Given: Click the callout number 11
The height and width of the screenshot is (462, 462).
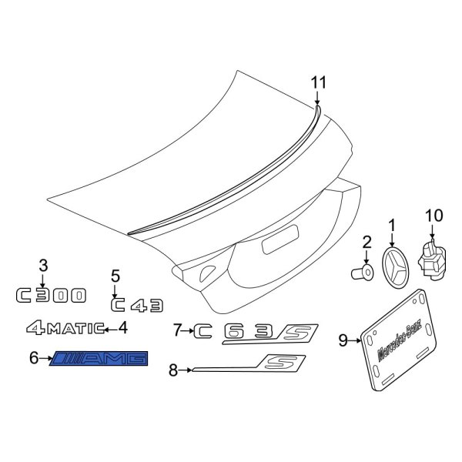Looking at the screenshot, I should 319,83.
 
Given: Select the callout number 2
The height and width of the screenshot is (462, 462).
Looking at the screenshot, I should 367,242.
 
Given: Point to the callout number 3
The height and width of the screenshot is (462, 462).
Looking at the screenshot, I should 44,266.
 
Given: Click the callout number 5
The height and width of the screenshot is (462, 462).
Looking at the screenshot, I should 115,276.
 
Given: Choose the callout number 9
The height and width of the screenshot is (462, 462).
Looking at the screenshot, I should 343,339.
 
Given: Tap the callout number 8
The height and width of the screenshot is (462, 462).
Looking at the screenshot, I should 173,371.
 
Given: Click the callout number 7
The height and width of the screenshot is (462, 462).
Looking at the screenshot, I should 178,331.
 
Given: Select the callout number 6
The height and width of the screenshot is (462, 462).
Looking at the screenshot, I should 33,358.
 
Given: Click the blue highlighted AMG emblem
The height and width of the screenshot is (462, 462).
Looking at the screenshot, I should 99,358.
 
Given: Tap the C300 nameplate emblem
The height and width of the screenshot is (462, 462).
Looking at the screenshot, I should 53,295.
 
